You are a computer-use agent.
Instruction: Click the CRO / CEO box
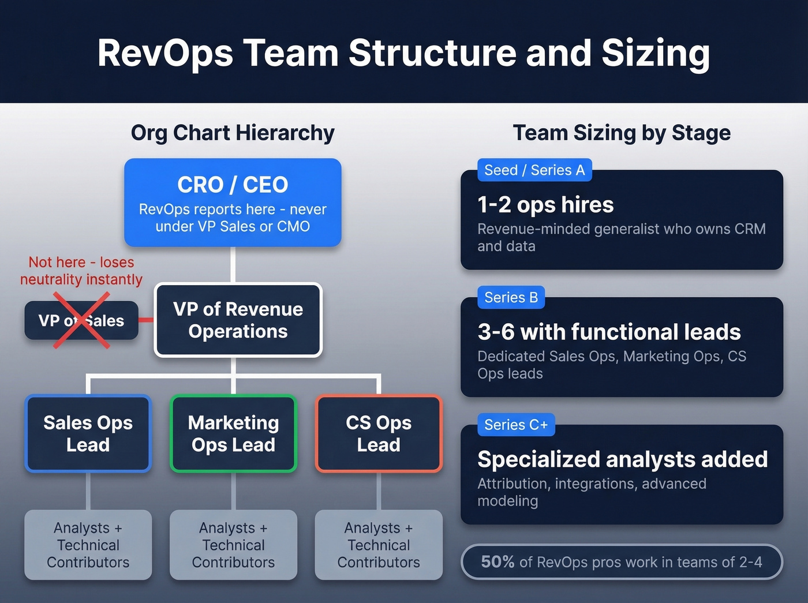point(233,203)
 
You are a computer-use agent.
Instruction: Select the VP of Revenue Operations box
point(238,320)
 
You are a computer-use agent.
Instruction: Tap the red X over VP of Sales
point(81,320)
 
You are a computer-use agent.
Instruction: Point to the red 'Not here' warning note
point(81,271)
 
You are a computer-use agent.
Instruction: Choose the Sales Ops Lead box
point(88,433)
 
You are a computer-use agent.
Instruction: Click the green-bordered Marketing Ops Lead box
point(233,433)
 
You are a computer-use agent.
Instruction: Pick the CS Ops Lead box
point(379,433)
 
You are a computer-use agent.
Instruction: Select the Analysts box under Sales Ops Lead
point(88,545)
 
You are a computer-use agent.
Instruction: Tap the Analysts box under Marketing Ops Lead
point(233,545)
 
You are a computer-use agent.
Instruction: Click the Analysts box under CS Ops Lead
point(379,545)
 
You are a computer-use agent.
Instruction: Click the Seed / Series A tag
point(534,170)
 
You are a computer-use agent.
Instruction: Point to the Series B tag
point(511,298)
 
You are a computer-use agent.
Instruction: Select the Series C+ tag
point(516,425)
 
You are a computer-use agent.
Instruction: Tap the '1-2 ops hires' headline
point(545,205)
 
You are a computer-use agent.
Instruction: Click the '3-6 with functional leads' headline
point(609,332)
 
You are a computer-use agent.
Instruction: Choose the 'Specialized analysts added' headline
point(622,460)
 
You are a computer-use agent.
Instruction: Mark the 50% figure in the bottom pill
point(497,562)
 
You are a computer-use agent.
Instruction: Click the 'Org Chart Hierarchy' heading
point(233,133)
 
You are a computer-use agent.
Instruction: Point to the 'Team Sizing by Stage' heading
point(622,133)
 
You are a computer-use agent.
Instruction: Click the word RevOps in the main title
point(165,53)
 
